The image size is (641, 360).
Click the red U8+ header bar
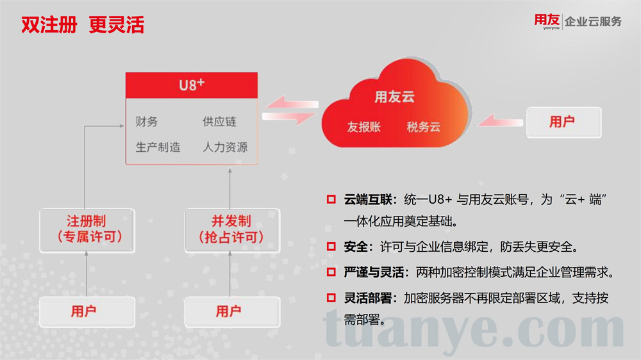[x=191, y=85]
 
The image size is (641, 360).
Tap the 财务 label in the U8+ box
[x=146, y=121]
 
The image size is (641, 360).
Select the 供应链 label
[x=219, y=121]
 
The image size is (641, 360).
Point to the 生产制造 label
[x=158, y=147]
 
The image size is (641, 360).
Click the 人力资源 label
[x=225, y=147]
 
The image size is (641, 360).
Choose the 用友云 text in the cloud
[x=394, y=97]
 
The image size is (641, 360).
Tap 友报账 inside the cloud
[x=364, y=127]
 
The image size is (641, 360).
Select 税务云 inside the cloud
[x=423, y=127]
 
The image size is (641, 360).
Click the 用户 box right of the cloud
[x=563, y=122]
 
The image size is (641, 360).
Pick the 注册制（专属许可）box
[x=87, y=230]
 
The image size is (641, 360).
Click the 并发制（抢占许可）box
[x=232, y=230]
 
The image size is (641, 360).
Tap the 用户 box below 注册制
[x=87, y=312]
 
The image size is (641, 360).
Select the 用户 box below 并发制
[x=232, y=312]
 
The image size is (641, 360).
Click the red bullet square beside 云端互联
[x=331, y=199]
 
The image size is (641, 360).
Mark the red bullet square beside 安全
[x=331, y=247]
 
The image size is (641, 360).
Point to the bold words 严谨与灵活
[x=374, y=272]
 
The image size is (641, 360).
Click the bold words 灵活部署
[x=367, y=298]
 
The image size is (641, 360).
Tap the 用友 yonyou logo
[x=547, y=21]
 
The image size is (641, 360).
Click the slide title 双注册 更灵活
[x=83, y=24]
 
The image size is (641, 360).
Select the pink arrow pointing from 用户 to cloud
[x=500, y=121]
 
